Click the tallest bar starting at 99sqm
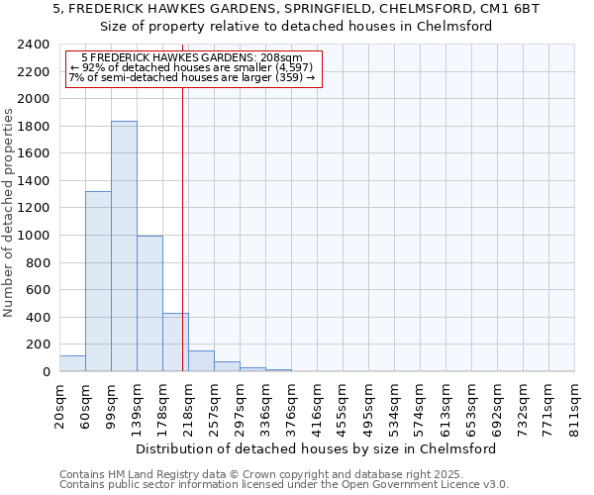click(124, 247)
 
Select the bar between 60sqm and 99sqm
click(98, 281)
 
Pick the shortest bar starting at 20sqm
click(72, 363)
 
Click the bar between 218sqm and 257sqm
click(201, 361)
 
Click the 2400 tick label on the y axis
click(34, 46)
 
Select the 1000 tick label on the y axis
click(34, 237)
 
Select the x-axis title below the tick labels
click(316, 448)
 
